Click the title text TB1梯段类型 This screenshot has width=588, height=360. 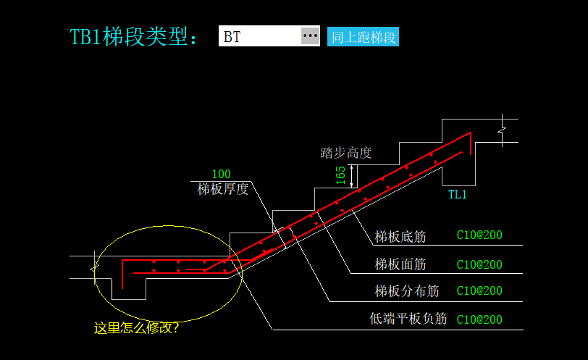point(133,37)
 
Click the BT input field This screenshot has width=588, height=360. point(259,36)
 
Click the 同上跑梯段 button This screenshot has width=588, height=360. point(363,37)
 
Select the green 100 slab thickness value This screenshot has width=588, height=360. point(221,175)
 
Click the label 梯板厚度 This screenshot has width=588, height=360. point(223,189)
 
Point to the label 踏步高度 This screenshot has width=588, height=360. point(346,153)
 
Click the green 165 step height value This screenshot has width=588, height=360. point(340,175)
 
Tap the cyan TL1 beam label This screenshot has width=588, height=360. point(458,194)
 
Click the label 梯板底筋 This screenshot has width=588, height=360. point(400,236)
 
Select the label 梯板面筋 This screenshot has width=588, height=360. point(400,264)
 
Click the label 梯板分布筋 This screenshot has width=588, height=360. point(407,291)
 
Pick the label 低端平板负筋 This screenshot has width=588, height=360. point(408,319)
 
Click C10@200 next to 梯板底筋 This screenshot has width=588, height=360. point(479,235)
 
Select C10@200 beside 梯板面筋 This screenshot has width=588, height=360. point(479,264)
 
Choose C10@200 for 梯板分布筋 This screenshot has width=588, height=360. point(479,291)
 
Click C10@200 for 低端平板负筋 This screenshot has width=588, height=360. point(479,319)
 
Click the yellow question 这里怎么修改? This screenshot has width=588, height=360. point(137,328)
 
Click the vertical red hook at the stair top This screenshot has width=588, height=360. point(471,143)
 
